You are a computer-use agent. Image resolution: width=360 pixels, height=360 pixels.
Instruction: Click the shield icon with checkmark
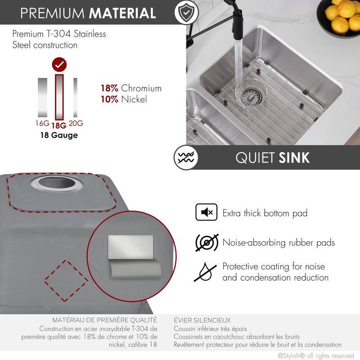pos(185,13)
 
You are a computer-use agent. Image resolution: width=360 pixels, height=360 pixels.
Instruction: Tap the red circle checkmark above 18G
pos(59,65)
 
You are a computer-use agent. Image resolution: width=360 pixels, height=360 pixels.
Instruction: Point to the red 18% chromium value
pos(110,88)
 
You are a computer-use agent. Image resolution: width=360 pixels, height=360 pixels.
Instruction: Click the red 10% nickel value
pos(110,99)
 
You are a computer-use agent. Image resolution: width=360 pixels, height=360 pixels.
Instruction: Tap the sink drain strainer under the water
pos(249,94)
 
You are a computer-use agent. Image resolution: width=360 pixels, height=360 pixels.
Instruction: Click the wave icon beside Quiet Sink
pos(185,158)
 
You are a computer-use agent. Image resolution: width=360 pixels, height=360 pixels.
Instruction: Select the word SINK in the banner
pos(294,158)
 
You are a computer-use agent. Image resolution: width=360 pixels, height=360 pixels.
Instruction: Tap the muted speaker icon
pos(207,212)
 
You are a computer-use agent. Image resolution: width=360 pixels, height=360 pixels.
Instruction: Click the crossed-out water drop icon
pos(207,272)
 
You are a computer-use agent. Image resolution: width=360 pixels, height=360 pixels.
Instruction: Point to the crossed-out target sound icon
pos(207,243)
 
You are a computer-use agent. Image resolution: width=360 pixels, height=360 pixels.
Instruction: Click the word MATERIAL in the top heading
pos(122,13)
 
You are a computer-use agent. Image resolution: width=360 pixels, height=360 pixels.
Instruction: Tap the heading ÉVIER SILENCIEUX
pos(202,320)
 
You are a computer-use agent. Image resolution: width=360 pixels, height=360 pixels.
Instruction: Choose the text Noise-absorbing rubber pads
pos(279,243)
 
